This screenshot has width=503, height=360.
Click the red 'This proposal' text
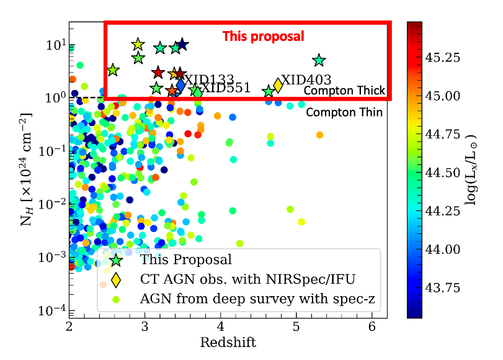[x=264, y=36]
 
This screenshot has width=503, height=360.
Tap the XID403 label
[x=306, y=81]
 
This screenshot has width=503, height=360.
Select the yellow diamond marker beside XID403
[x=278, y=85]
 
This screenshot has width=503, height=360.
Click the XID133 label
[x=209, y=80]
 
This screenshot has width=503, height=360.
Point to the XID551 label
[x=225, y=88]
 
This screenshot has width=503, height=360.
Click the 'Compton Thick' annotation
[x=344, y=91]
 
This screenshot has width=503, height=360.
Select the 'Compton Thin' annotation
[x=344, y=112]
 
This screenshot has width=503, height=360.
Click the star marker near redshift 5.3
[x=319, y=60]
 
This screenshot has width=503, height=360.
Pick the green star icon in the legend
[x=115, y=260]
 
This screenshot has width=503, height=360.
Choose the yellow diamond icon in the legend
[x=115, y=280]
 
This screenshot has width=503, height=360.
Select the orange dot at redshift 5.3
[x=319, y=135]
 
